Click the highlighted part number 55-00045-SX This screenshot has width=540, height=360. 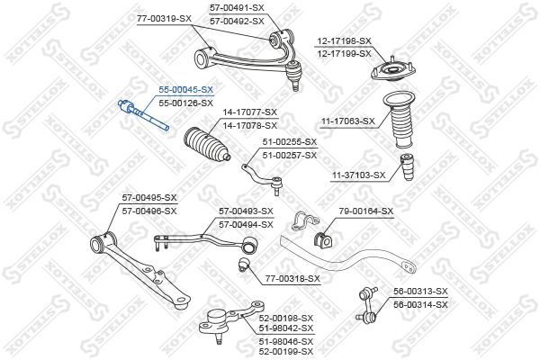(x=186, y=90)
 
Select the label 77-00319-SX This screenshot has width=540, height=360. (x=164, y=19)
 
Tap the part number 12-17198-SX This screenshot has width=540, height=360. (x=345, y=41)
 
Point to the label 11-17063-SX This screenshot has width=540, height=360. (x=347, y=121)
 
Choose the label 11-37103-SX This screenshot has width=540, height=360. (x=358, y=175)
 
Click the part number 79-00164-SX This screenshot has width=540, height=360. (x=366, y=211)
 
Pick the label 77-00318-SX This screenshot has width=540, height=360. (x=292, y=278)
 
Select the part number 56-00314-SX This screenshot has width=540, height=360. (x=420, y=304)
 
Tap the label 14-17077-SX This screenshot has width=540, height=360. (x=249, y=112)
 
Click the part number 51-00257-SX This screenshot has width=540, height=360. (x=290, y=156)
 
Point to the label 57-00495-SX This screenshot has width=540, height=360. (x=149, y=198)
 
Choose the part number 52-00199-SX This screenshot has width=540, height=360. (x=286, y=351)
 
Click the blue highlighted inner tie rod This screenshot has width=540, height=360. (x=143, y=114)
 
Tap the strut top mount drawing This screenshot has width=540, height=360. (x=392, y=70)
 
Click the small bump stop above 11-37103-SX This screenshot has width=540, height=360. (x=407, y=166)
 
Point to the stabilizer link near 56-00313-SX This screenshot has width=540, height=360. (x=367, y=306)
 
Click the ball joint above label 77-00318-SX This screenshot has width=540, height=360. (x=245, y=264)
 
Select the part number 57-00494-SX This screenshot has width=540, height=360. (x=246, y=225)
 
